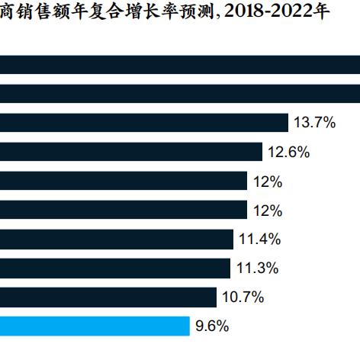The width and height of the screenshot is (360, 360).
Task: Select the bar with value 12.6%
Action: point(130,152)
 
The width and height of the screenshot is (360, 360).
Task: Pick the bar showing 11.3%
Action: point(114,268)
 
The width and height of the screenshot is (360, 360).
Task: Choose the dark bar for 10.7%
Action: point(108,297)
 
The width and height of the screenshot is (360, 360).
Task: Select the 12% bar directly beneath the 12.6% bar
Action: point(123,181)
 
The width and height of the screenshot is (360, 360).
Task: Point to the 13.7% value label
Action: point(315,123)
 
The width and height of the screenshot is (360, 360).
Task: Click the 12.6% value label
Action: point(289,152)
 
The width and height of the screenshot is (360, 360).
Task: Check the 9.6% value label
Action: point(213,326)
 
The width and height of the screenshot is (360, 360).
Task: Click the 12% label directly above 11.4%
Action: point(268,210)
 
